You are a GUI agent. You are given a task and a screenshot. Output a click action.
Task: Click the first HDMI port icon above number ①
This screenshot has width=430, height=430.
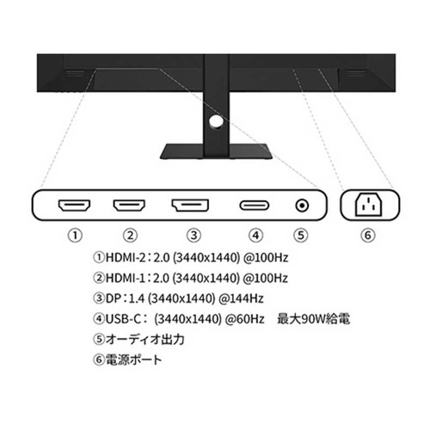74,205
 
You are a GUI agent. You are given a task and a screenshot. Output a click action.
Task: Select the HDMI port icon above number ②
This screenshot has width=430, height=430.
129,205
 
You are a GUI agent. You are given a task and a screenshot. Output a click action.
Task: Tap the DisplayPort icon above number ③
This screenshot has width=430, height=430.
190,205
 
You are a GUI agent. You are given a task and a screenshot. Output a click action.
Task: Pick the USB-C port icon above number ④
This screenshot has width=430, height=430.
255,206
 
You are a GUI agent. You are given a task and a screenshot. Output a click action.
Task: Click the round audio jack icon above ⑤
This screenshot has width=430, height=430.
302,206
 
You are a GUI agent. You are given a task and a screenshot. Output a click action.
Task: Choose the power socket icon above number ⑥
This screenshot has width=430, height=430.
369,205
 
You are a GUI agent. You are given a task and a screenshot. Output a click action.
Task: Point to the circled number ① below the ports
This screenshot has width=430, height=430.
75,236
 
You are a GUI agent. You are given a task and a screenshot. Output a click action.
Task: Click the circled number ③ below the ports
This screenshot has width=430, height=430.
193,236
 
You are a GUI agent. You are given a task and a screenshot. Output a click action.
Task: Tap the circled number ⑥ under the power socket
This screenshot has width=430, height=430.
368,236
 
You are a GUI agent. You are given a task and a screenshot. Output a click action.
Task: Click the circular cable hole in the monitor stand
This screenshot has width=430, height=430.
216,121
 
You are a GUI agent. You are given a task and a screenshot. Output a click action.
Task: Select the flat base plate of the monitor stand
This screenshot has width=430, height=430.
216,151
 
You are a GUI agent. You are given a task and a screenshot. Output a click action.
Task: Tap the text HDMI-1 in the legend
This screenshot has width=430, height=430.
126,278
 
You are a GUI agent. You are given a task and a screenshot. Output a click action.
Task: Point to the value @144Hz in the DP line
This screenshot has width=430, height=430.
241,298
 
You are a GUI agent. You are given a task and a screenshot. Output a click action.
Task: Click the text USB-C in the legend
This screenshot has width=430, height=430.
123,319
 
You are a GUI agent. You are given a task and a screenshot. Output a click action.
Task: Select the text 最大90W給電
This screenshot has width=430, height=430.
313,319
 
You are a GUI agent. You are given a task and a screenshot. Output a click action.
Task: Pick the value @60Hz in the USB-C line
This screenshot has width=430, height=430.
244,319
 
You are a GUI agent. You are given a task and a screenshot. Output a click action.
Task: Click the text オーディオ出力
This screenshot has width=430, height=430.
144,339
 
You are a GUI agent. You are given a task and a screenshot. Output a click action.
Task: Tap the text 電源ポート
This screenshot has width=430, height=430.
133,359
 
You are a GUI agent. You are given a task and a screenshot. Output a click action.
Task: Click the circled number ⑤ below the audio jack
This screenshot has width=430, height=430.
301,236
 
